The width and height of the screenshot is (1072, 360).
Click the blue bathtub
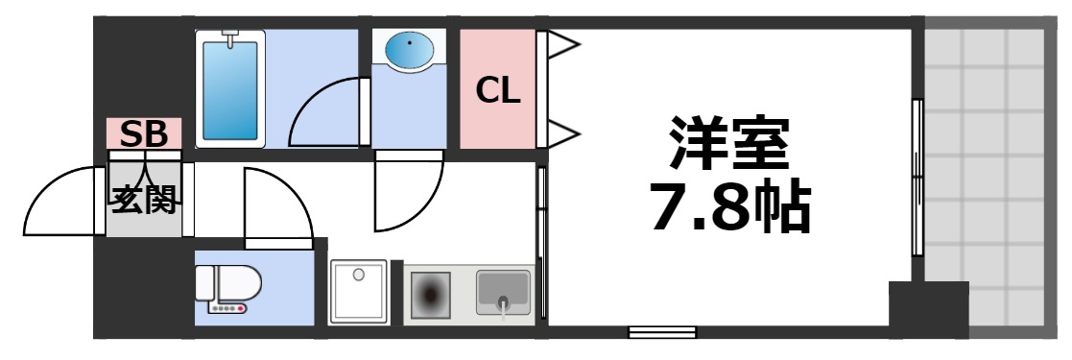click(230, 88)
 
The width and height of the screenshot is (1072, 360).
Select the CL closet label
click(498, 90)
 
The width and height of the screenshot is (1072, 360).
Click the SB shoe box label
click(143, 133)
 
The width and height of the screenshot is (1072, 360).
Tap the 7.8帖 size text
click(729, 205)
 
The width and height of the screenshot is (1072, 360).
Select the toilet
click(225, 286)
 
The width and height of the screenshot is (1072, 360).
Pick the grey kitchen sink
click(503, 292)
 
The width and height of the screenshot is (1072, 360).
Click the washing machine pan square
click(359, 291)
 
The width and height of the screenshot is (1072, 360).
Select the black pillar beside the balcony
click(927, 308)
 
